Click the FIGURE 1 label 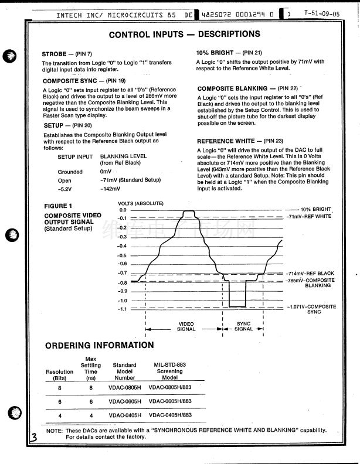tap(59, 206)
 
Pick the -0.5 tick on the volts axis tap(122, 255)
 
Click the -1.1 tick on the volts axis tap(122, 309)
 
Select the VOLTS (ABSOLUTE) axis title tap(141, 203)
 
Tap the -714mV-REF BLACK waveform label tap(310, 274)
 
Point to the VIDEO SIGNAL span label tap(186, 326)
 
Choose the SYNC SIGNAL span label tap(243, 326)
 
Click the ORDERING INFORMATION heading tap(99, 345)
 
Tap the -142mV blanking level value tap(110, 189)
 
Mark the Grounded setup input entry tap(70, 172)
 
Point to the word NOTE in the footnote tap(55, 430)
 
